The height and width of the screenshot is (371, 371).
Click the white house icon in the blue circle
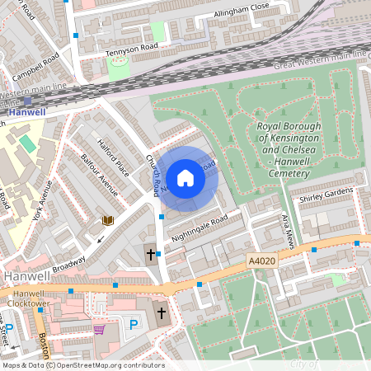click(x=185, y=178)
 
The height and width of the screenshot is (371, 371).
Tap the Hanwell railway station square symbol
click(x=27, y=101)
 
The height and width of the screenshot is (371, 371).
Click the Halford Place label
click(x=113, y=157)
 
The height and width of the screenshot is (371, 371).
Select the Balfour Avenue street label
click(x=99, y=170)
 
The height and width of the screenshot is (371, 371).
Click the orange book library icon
click(x=106, y=220)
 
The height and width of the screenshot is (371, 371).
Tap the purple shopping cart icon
click(x=100, y=329)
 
